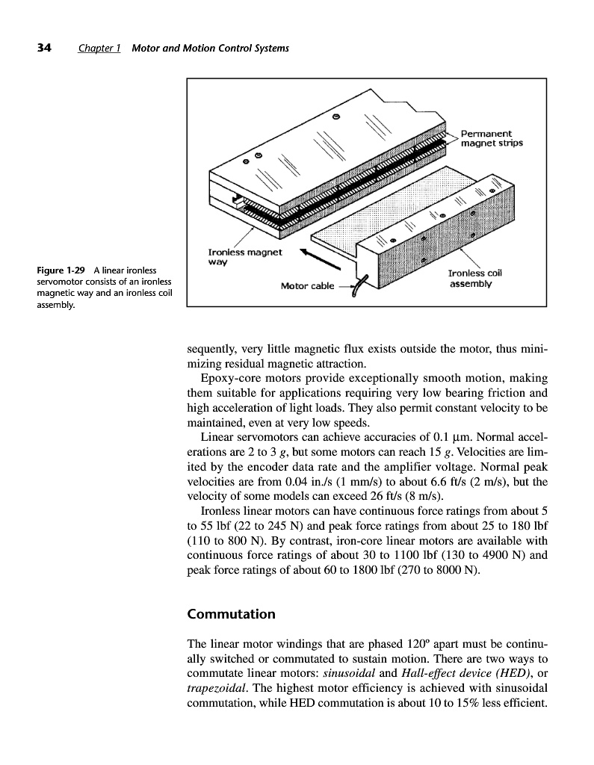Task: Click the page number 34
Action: [x=43, y=49]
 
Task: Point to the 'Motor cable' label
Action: [x=306, y=285]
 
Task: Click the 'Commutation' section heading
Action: [x=231, y=614]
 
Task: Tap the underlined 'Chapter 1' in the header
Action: [x=99, y=49]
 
